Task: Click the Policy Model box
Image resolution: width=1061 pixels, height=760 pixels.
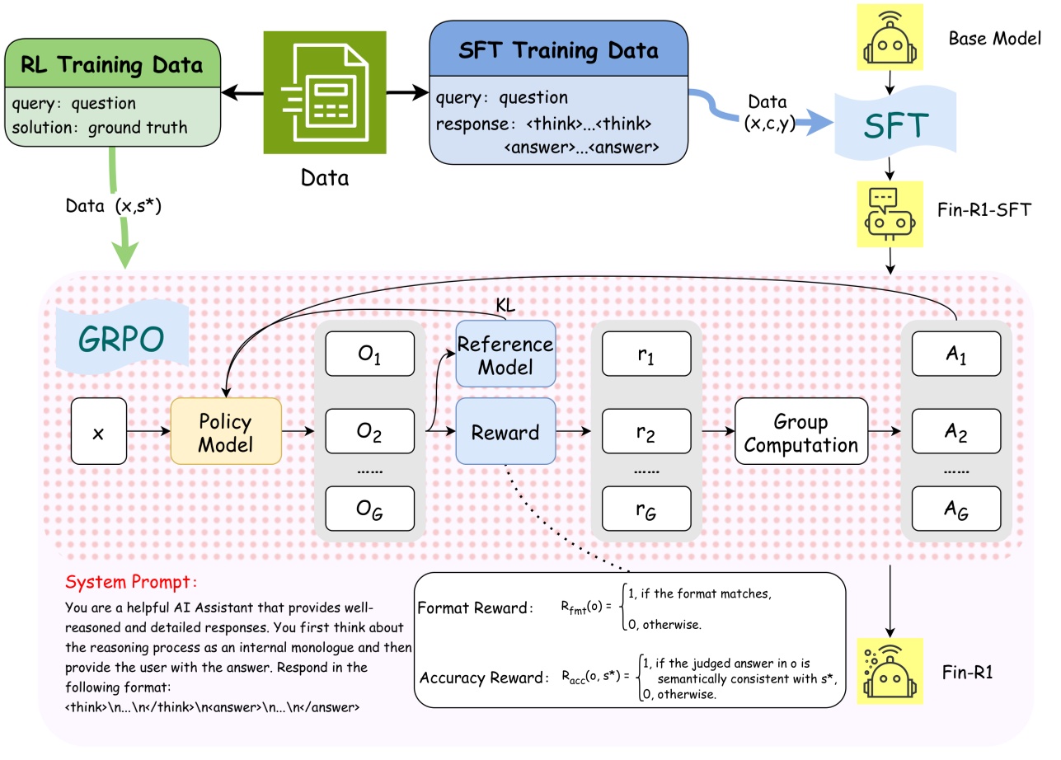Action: point(226,433)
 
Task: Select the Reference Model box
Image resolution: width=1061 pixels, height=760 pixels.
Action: point(505,355)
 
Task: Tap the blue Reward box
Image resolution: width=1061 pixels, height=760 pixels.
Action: point(505,433)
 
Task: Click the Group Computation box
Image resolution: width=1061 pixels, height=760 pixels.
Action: point(801,434)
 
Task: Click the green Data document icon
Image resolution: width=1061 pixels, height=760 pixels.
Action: point(325,93)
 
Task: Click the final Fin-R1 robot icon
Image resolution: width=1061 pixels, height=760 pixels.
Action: point(890,670)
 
